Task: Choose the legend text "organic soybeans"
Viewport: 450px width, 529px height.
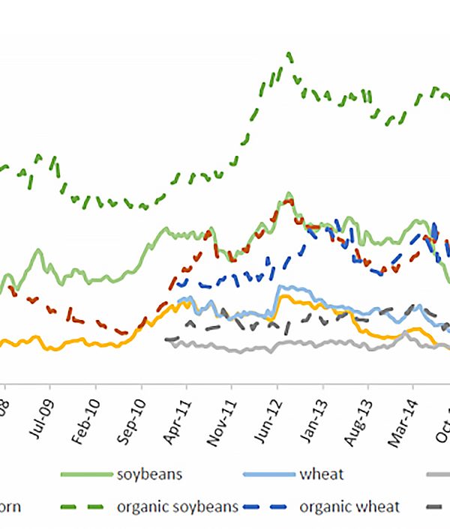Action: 178,507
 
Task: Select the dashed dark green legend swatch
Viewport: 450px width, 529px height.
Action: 86,507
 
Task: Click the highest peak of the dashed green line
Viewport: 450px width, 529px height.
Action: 289,54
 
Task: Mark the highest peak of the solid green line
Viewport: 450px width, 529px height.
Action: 289,193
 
